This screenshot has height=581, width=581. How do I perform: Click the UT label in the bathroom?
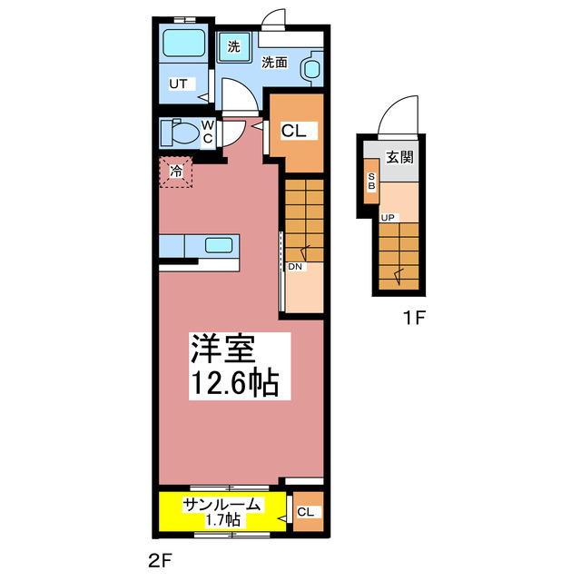coord(178,84)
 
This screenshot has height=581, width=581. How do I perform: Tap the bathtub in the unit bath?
coord(185,44)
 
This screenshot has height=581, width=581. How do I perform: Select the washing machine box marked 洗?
coord(233,47)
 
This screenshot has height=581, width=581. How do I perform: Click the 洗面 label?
coord(274,63)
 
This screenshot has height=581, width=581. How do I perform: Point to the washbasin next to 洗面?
coord(311,66)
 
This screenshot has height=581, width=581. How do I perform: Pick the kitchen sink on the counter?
coord(222,244)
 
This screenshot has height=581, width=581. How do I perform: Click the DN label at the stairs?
coord(295,267)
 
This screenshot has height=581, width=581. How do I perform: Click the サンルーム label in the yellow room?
coord(222,506)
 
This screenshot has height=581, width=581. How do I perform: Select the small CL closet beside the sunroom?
coord(307,513)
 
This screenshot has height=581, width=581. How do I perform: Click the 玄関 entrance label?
coord(399,156)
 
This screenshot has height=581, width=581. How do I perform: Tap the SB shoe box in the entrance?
coord(371,181)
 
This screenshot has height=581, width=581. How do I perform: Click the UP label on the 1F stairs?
coord(388,218)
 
